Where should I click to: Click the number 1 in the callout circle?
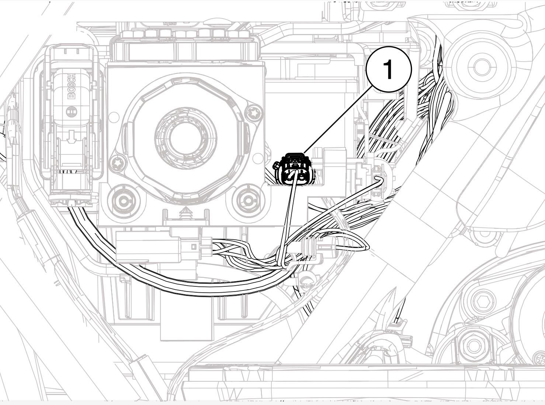[x=388, y=69]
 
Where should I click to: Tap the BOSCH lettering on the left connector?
[x=71, y=86]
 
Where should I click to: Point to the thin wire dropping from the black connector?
[x=288, y=222]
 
